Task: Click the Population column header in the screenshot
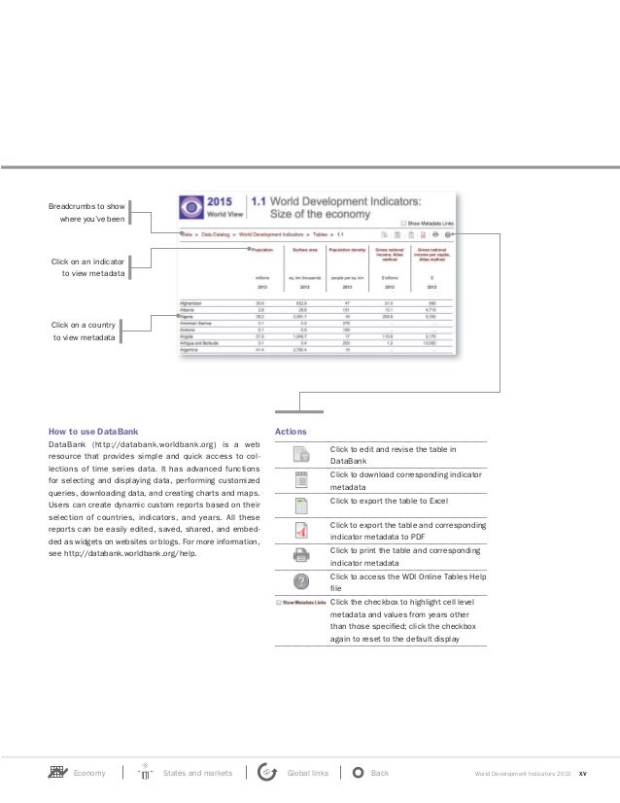[261, 250]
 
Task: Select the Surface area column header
[302, 250]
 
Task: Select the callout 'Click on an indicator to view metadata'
[86, 268]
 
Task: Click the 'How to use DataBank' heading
[93, 429]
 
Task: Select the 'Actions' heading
[291, 429]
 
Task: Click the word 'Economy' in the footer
[90, 773]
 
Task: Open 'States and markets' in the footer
[197, 773]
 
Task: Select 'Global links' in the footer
[308, 773]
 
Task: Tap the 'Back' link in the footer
[380, 773]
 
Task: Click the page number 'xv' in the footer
[582, 774]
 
